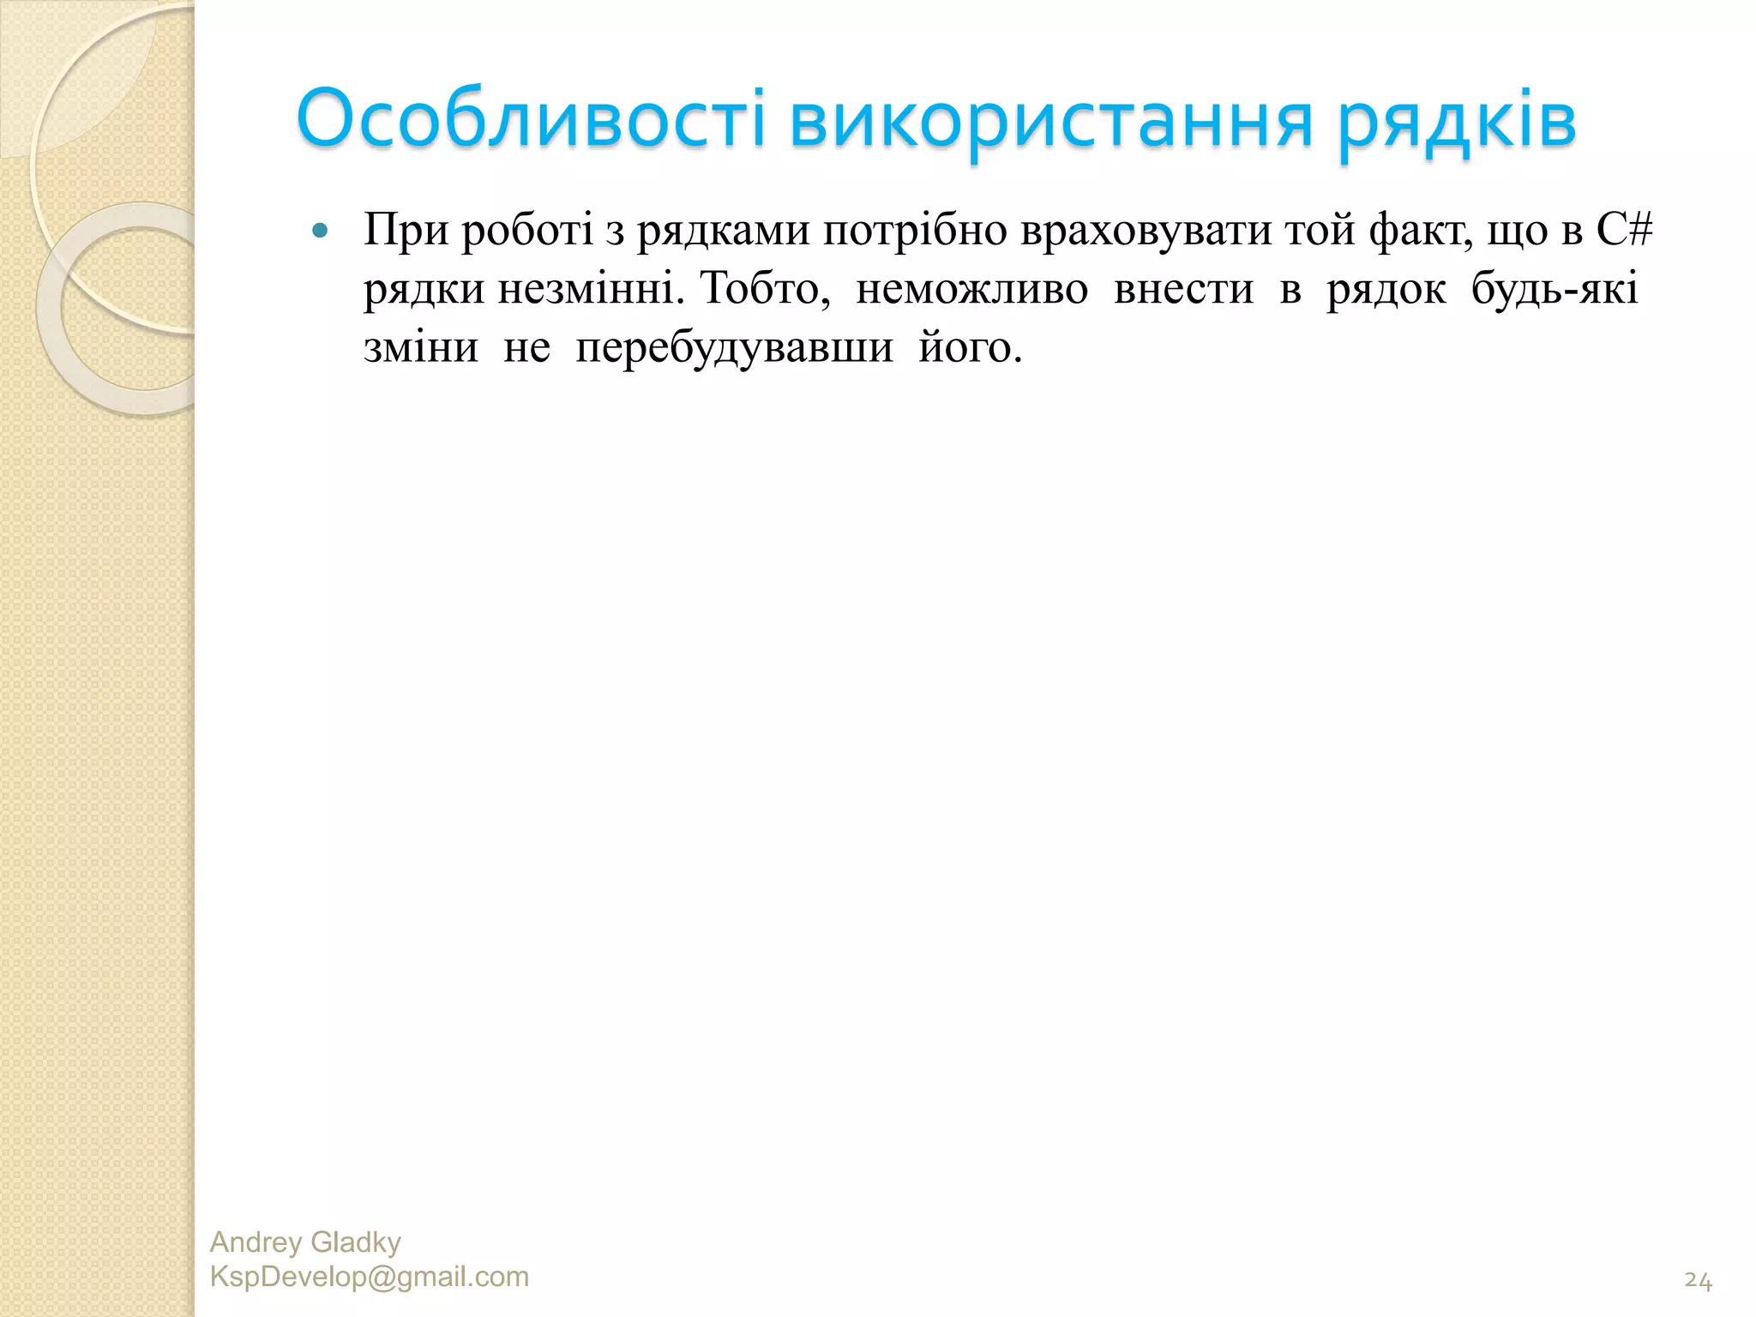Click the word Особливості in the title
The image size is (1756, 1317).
tap(531, 120)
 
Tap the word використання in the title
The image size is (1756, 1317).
tap(1051, 120)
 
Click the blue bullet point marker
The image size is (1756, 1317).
tap(321, 231)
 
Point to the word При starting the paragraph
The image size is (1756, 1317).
tap(406, 231)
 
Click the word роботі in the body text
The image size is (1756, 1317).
tap(527, 231)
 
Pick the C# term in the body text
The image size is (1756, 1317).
tap(1624, 229)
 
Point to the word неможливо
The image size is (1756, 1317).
tap(971, 289)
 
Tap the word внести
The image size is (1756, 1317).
tap(1183, 289)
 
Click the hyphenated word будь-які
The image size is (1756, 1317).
tap(1555, 289)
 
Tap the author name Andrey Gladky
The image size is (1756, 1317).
tap(305, 1242)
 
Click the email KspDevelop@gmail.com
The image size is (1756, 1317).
tap(370, 1277)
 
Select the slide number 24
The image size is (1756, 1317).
tap(1698, 1281)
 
